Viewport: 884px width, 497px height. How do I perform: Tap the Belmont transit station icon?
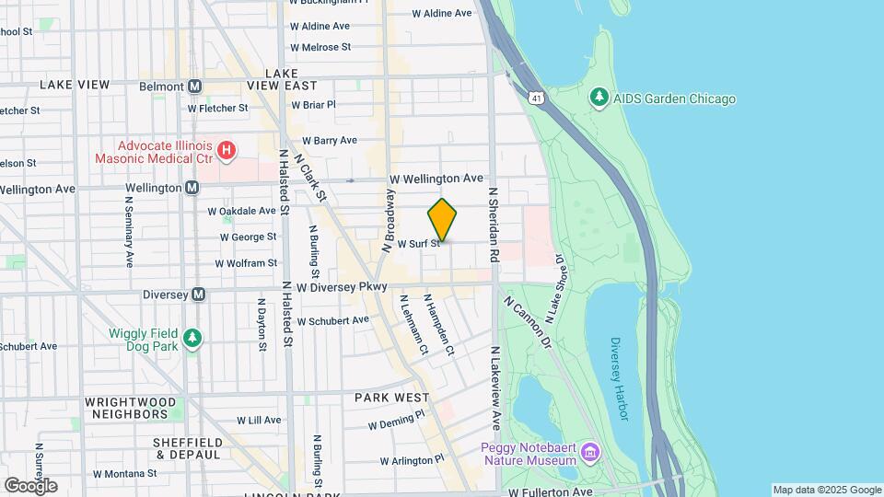tap(194, 86)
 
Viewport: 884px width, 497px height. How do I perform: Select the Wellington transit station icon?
tap(192, 188)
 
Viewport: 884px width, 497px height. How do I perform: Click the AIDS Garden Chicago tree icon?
tap(599, 98)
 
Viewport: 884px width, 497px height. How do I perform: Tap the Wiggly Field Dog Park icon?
tap(192, 339)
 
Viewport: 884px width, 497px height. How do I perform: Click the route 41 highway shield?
tap(537, 97)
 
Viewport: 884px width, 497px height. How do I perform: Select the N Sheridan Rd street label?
tap(494, 225)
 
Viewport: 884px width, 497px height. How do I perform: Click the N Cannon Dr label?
tap(527, 323)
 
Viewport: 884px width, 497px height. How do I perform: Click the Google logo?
tap(30, 485)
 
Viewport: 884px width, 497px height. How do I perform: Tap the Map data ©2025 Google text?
tap(826, 490)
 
